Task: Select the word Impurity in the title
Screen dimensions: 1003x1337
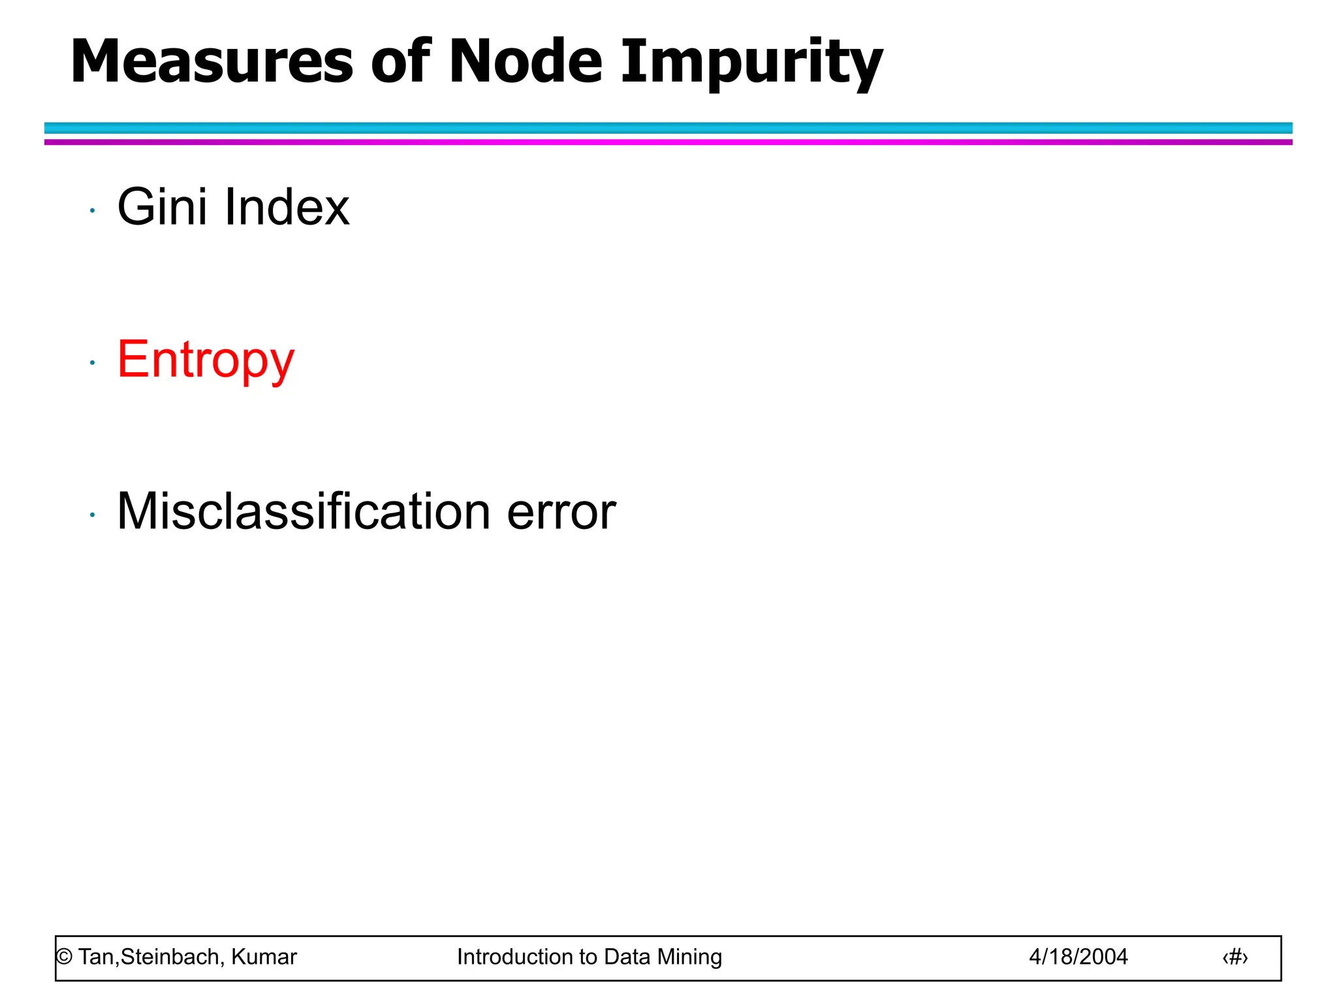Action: click(751, 63)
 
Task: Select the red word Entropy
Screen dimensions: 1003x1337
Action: click(206, 360)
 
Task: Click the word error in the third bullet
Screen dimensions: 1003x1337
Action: click(561, 512)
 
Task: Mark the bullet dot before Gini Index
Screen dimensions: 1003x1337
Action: click(93, 211)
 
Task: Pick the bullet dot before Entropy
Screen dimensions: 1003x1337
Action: click(93, 362)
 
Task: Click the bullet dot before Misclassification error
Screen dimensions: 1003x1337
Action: click(93, 515)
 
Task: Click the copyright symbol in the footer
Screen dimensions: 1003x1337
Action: click(64, 957)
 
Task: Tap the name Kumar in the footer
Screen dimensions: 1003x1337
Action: click(264, 957)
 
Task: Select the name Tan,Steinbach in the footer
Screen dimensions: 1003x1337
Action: click(151, 957)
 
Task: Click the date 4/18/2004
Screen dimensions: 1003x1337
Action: click(1078, 957)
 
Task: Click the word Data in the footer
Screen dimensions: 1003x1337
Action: click(627, 957)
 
